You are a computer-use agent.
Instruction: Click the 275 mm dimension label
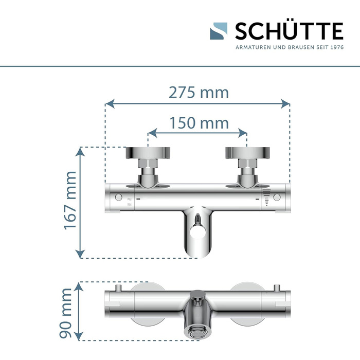[x=199, y=93]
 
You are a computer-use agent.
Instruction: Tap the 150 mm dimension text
[x=199, y=123]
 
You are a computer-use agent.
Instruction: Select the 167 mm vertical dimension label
[x=70, y=200]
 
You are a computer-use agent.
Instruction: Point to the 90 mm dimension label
[x=66, y=313]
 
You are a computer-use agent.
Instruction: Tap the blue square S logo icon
[x=219, y=31]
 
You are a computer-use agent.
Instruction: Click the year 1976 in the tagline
[x=337, y=47]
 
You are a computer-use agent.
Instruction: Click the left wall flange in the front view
[x=148, y=153]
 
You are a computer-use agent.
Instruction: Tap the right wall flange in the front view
[x=247, y=153]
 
